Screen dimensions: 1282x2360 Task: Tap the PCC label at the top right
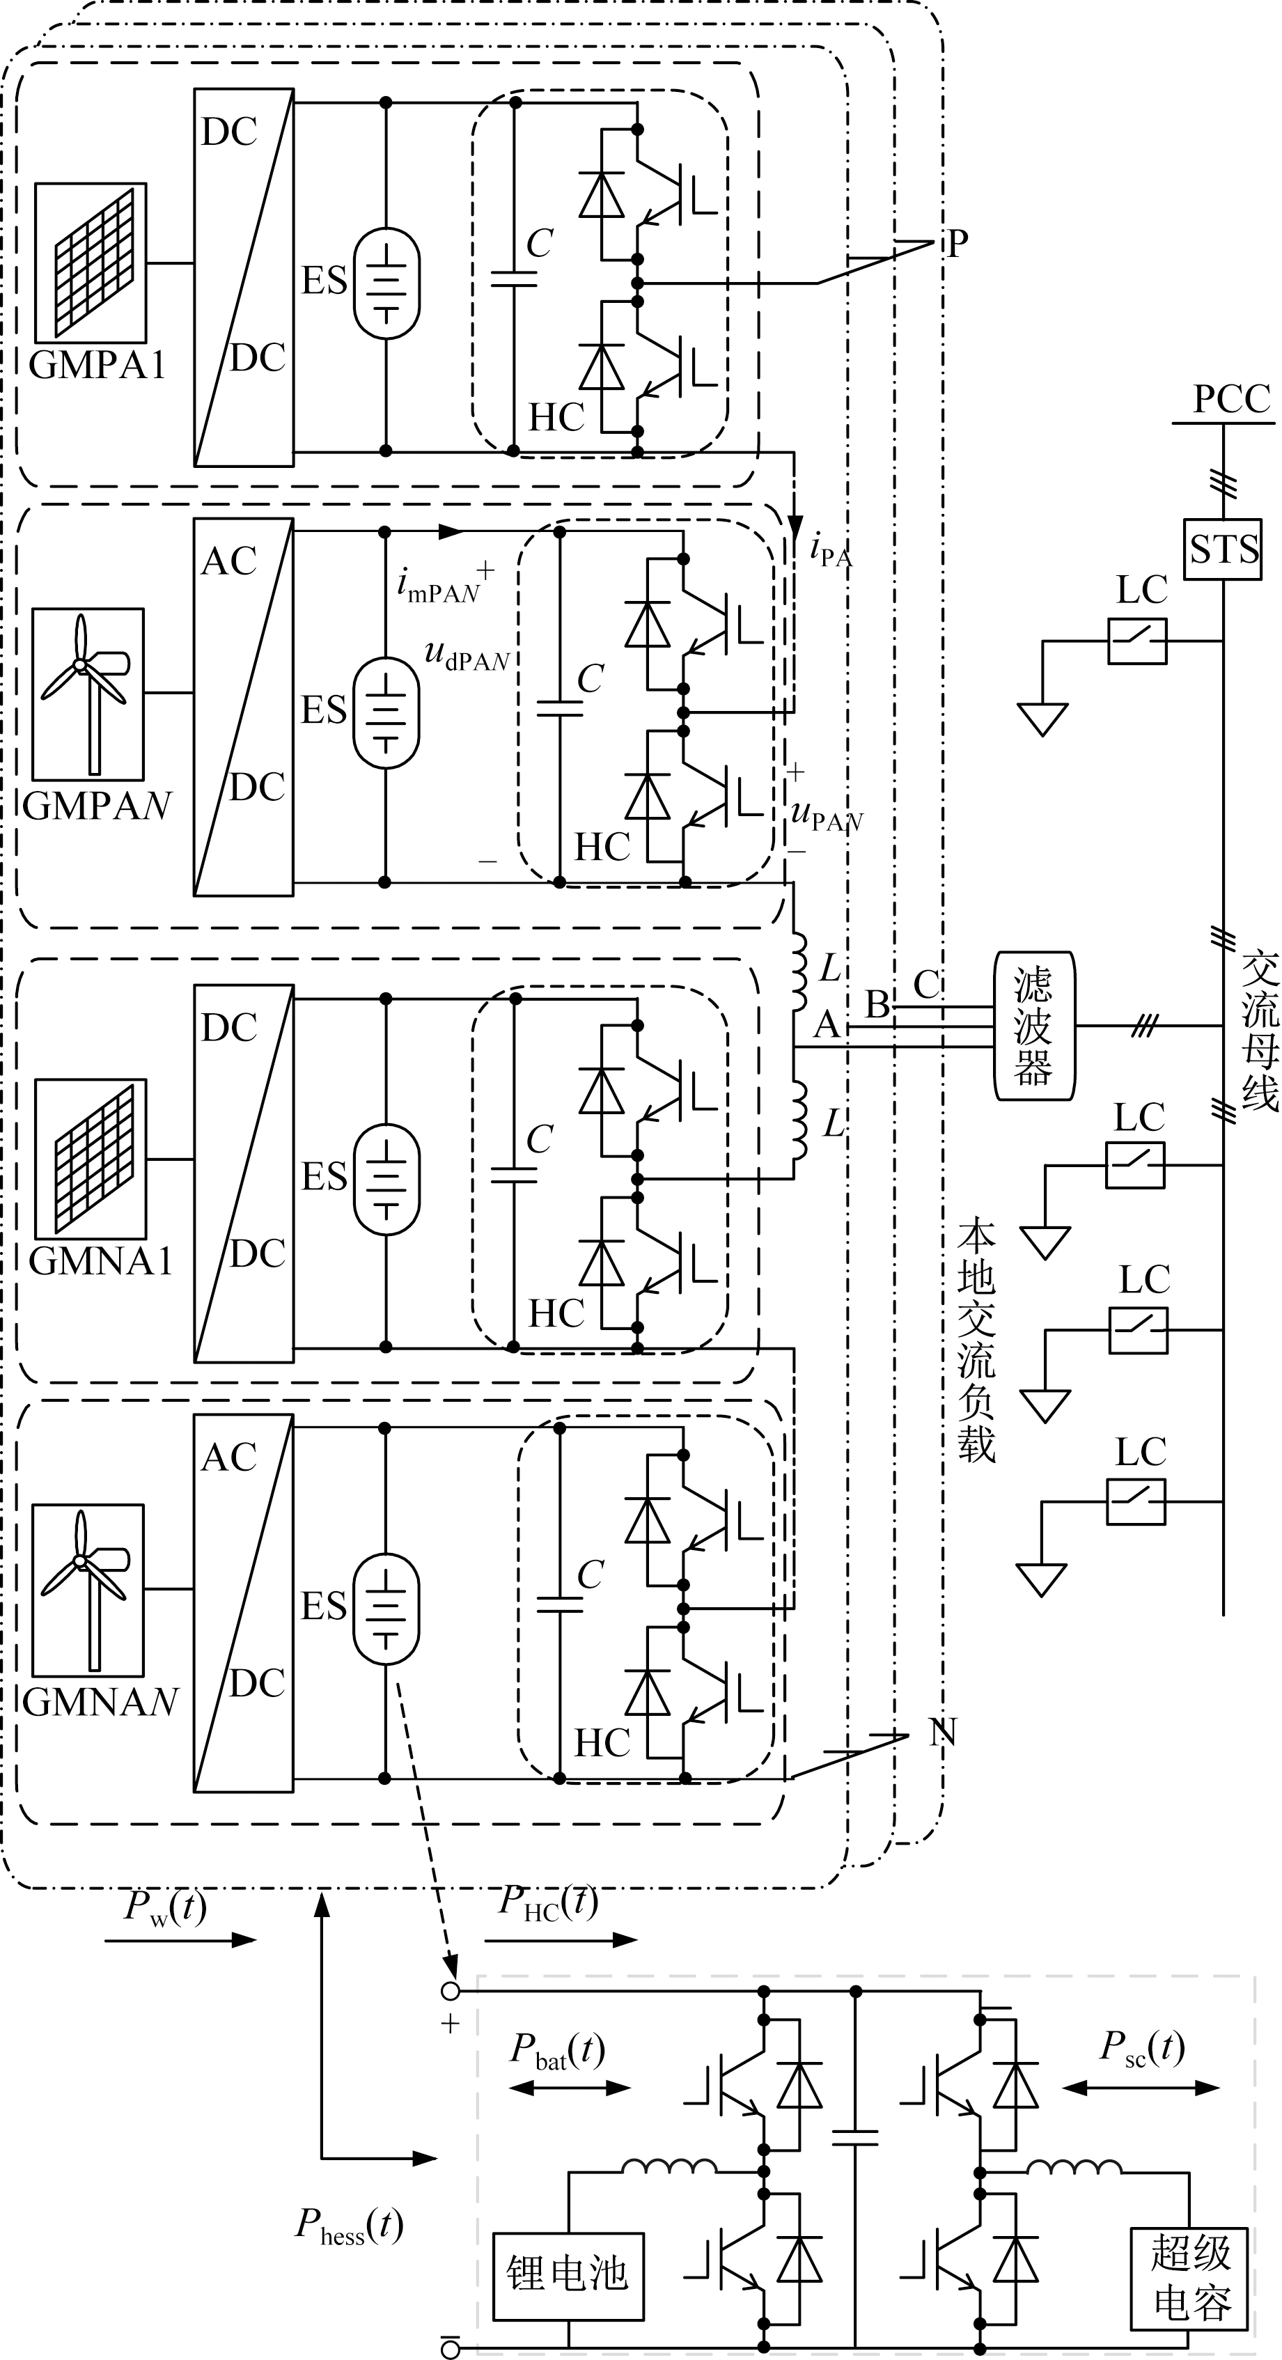[x=1230, y=400]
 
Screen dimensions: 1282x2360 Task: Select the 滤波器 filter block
[x=1033, y=1025]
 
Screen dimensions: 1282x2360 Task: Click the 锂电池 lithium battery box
[x=568, y=2276]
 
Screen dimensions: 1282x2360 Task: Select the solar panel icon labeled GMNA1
[x=91, y=1159]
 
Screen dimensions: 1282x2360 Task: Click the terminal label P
[x=957, y=244]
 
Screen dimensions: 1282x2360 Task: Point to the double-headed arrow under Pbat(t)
[x=570, y=2088]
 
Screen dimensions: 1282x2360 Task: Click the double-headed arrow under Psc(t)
[x=1142, y=2088]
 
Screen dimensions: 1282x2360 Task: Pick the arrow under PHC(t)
[x=561, y=1939]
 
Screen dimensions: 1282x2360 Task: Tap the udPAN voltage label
[x=467, y=655]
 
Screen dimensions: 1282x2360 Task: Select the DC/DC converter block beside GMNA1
[x=244, y=1173]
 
